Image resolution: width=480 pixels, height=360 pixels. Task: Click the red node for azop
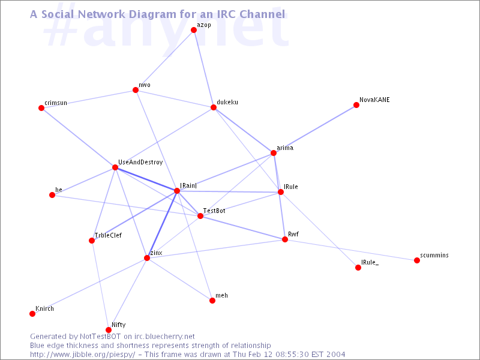(x=193, y=29)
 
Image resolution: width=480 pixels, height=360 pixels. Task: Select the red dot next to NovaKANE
(x=356, y=105)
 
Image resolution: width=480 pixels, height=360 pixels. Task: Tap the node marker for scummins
(x=416, y=260)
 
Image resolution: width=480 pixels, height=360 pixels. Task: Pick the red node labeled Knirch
(x=32, y=313)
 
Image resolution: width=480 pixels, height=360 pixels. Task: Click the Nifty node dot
(x=109, y=329)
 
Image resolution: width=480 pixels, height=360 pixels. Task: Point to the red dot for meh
(x=212, y=301)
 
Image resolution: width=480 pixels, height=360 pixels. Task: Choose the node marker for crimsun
(x=41, y=108)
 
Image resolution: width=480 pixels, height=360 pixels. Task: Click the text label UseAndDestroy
(x=140, y=162)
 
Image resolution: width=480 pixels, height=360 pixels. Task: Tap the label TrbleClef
(x=108, y=235)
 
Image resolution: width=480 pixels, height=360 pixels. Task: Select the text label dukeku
(x=227, y=102)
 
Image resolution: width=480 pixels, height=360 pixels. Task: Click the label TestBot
(x=214, y=211)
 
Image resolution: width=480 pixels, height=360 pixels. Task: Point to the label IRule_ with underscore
(x=370, y=262)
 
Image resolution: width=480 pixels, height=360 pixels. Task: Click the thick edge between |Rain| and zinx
(x=162, y=224)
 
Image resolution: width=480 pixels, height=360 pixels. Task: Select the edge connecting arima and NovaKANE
(x=315, y=129)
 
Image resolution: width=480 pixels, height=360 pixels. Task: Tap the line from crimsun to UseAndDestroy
(x=78, y=137)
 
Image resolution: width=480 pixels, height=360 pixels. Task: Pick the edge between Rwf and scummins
(x=351, y=250)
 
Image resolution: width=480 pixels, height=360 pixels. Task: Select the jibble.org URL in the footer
(x=82, y=355)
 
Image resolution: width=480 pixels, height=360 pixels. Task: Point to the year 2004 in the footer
(x=335, y=355)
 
